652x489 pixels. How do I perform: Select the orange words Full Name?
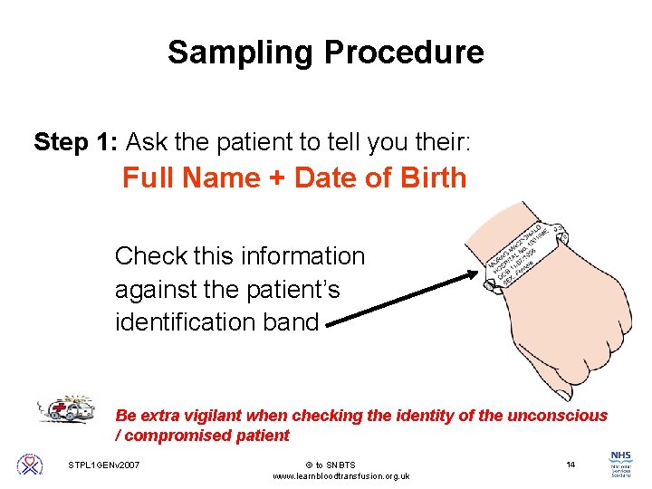pyautogui.click(x=190, y=178)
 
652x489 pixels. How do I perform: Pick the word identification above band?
pyautogui.click(x=186, y=322)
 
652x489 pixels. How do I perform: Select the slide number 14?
pyautogui.click(x=570, y=465)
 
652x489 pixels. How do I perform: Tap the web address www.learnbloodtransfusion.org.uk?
pyautogui.click(x=341, y=476)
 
